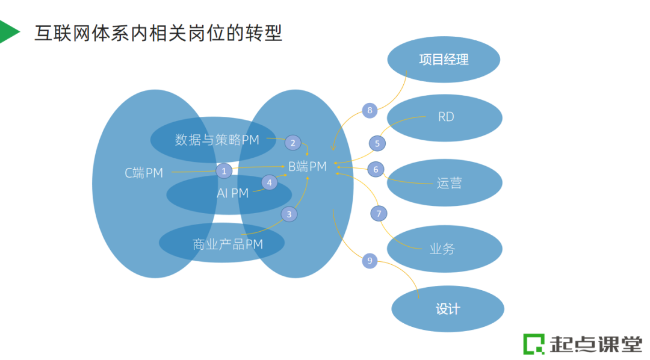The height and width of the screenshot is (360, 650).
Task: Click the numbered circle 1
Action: click(224, 171)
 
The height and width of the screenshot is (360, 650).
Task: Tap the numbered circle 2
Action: click(293, 143)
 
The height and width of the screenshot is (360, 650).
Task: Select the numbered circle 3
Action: click(289, 214)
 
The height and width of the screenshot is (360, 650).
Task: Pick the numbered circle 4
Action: click(269, 182)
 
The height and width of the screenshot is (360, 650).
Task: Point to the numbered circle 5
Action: click(377, 143)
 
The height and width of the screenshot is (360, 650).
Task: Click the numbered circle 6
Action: click(376, 170)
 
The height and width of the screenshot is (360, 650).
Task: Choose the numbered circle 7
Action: click(379, 213)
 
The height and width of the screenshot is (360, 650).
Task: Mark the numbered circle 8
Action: click(370, 110)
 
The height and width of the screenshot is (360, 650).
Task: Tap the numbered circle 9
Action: click(370, 261)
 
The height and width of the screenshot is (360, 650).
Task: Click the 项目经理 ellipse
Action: click(444, 60)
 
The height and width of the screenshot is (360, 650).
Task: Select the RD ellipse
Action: click(445, 117)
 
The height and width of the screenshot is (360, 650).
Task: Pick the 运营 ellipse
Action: click(445, 182)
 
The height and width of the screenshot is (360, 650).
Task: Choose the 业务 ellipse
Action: click(444, 248)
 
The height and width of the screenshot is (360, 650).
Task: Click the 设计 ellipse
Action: click(447, 309)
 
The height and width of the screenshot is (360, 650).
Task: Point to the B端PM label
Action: click(307, 167)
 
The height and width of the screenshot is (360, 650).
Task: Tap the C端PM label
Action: click(144, 173)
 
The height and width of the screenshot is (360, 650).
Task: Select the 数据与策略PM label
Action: click(217, 140)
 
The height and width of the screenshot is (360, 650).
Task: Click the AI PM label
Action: click(232, 193)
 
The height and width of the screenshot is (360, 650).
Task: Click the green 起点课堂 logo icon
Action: click(533, 343)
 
